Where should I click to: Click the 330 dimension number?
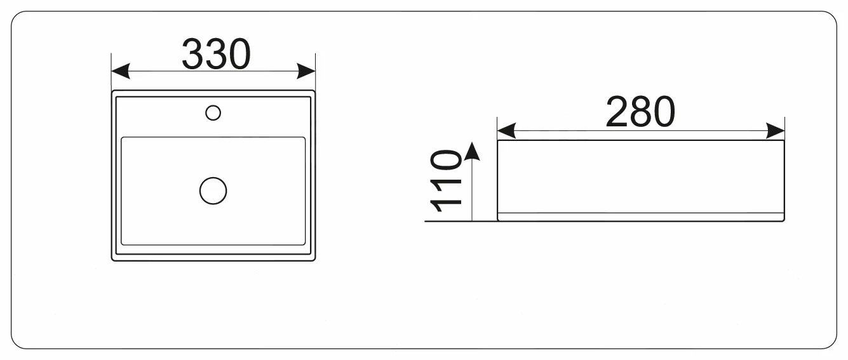[x=216, y=54]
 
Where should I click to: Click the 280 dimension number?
[x=640, y=112]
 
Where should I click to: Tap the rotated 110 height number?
[x=446, y=180]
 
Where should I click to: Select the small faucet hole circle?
[x=213, y=113]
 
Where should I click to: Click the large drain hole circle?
[x=213, y=190]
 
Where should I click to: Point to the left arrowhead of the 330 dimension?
[x=121, y=71]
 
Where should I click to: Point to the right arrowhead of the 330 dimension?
[x=306, y=71]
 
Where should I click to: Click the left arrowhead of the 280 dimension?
[x=506, y=131]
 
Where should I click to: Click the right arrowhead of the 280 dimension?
[x=776, y=131]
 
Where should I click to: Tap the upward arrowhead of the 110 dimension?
[x=472, y=151]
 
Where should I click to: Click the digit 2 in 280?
[x=617, y=112]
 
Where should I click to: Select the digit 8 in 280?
[x=640, y=112]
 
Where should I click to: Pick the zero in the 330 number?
[x=239, y=54]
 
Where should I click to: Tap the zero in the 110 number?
[x=446, y=159]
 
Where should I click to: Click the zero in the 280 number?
[x=664, y=112]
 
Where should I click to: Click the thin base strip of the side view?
[x=640, y=217]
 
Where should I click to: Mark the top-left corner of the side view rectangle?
[x=497, y=140]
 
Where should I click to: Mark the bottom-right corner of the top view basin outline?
[x=315, y=260]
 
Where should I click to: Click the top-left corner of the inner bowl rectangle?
[x=121, y=137]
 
